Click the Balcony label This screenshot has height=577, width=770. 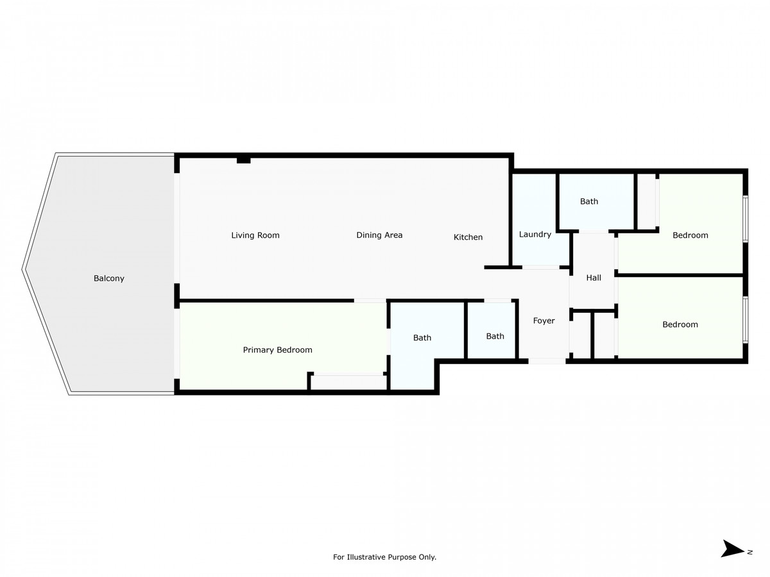[109, 278]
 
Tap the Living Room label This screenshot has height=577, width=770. [255, 235]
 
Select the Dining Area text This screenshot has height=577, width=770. [379, 235]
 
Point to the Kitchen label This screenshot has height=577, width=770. [468, 237]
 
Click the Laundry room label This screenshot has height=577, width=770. [535, 235]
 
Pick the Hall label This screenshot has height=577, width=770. [594, 278]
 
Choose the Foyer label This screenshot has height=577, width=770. [544, 321]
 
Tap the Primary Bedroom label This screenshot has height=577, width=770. [277, 350]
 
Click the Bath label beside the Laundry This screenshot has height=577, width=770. [589, 201]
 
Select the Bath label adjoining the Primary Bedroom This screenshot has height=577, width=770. [422, 338]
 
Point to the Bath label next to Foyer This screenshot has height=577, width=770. [495, 336]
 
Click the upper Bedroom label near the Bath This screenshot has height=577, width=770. [690, 235]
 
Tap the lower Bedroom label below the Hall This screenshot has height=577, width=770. [680, 324]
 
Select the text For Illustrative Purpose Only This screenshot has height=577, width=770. [384, 557]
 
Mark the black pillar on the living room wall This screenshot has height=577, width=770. [243, 159]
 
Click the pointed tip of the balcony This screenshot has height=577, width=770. [24, 270]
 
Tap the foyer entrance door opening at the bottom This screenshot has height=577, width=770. [547, 362]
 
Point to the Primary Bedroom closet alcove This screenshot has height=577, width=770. [348, 382]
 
